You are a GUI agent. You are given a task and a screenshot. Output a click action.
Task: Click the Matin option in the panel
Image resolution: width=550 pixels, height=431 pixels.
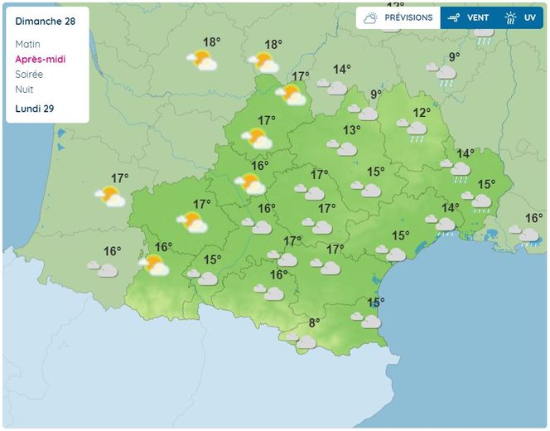click(x=27, y=44)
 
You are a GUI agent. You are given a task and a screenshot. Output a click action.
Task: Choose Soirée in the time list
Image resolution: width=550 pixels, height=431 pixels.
click(x=29, y=74)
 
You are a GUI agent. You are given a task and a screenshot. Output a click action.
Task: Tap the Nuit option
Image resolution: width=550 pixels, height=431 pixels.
click(x=24, y=89)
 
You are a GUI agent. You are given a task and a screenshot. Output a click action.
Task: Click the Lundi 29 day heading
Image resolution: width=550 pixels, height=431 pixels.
click(x=33, y=109)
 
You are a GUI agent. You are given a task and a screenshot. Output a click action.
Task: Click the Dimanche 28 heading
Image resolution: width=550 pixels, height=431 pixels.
click(x=40, y=22)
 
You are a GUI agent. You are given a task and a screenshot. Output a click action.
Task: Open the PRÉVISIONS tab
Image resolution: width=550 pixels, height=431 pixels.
click(x=398, y=17)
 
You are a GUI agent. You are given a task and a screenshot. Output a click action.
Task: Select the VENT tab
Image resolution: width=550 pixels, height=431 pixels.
click(x=469, y=17)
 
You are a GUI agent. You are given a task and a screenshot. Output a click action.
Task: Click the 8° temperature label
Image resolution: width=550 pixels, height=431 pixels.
click(x=314, y=323)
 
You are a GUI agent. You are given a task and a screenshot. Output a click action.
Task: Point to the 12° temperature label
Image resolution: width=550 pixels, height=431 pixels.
click(x=422, y=112)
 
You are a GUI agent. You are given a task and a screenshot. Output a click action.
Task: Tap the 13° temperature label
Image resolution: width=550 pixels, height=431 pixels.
click(x=352, y=130)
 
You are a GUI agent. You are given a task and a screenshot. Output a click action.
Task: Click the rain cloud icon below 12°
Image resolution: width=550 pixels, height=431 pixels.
click(x=415, y=130)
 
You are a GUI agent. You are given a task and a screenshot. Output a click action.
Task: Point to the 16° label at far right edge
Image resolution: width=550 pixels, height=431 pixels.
click(x=533, y=218)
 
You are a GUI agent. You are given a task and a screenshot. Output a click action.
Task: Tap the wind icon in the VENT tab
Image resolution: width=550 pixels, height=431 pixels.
click(x=454, y=17)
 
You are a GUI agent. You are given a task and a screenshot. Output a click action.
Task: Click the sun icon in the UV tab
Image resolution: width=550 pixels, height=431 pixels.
click(x=510, y=17)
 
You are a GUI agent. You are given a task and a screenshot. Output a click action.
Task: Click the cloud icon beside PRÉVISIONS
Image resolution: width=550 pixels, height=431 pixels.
click(x=370, y=17)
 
